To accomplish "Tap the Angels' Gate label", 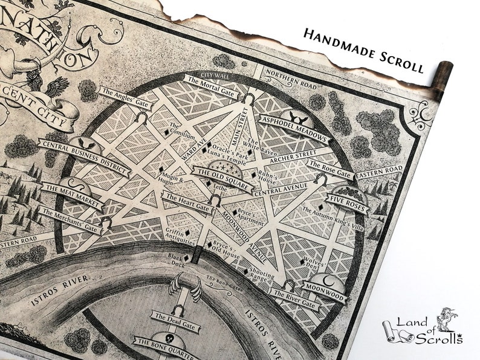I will point(125,100).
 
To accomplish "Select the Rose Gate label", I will point(329,168).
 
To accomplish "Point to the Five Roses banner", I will point(347,201).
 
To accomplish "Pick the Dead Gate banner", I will point(172,317).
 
